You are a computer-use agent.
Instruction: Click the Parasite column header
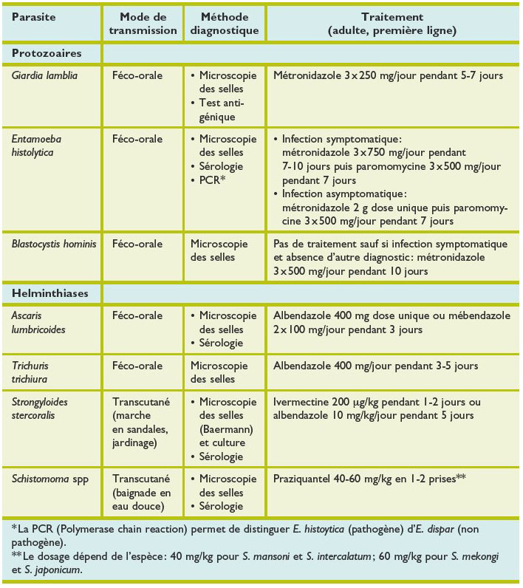tap(34, 16)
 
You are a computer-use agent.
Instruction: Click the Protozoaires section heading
tap(46, 53)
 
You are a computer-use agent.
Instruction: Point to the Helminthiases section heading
tap(50, 293)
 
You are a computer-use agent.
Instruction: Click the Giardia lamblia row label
tap(46, 75)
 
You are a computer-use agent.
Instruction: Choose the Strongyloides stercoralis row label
tap(44, 408)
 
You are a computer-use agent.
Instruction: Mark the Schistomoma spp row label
tap(47, 479)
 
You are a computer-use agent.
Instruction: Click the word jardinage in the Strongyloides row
tap(137, 443)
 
